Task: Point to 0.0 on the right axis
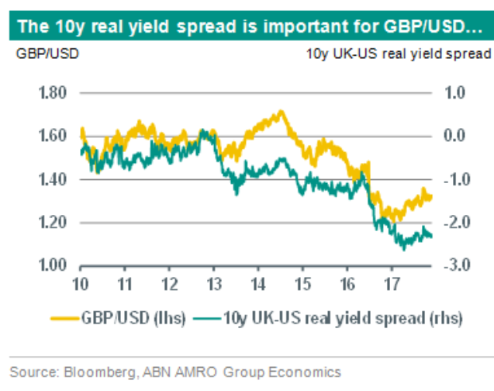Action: tap(454, 137)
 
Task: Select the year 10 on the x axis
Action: tap(81, 282)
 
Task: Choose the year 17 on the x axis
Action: tap(392, 282)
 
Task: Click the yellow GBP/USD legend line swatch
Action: tap(65, 317)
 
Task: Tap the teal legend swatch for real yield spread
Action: tap(207, 317)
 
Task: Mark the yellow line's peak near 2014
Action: tap(280, 111)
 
